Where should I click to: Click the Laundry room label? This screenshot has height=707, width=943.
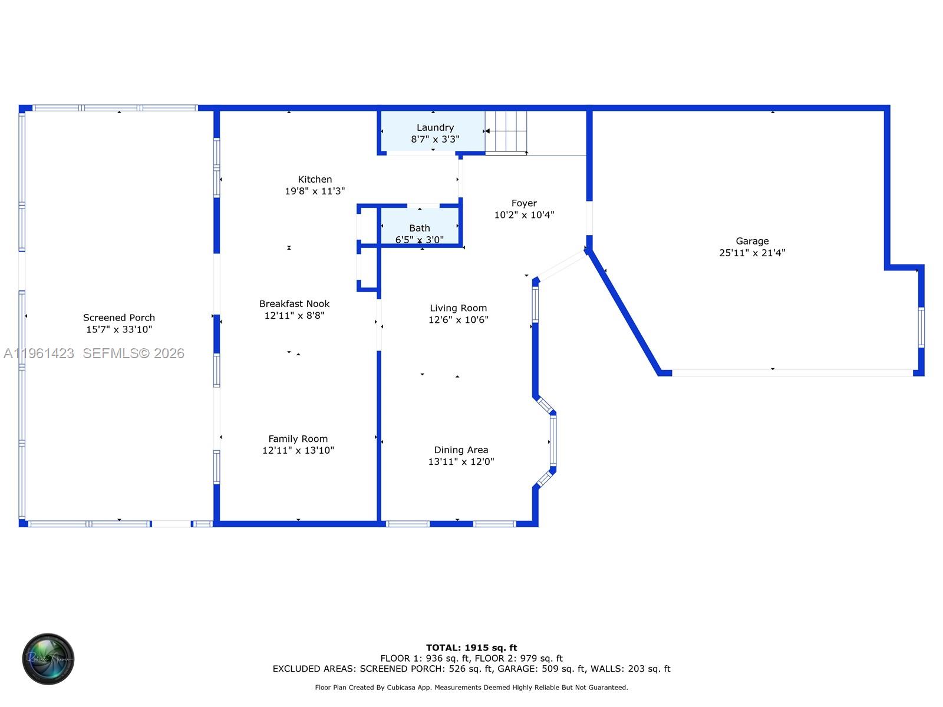coord(435,127)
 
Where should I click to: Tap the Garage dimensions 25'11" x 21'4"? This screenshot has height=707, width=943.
coord(752,253)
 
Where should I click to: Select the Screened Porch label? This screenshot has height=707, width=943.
coord(119,318)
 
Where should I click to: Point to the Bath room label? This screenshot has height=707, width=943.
coord(420,228)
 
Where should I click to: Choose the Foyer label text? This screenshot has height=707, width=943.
coord(524,203)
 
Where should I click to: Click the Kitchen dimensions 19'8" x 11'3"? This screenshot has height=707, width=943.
coord(315,191)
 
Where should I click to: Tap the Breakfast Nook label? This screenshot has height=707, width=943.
coord(294,303)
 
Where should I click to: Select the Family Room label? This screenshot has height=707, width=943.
coord(298,438)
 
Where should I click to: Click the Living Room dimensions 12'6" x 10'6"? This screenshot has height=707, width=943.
coord(458,319)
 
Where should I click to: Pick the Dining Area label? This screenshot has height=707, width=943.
coord(461,450)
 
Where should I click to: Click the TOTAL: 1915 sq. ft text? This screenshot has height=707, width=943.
coord(471,647)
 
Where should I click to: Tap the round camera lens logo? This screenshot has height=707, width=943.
coord(48,659)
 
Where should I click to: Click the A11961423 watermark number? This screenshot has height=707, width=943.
coord(39,353)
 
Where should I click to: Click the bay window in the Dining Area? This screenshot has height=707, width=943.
coord(553,440)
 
